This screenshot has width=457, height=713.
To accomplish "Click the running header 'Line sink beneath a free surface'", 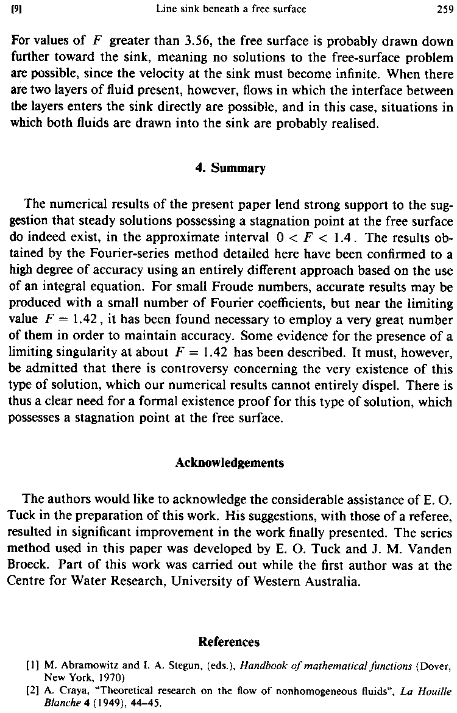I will coord(231,9).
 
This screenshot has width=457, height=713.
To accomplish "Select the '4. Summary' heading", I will coord(230,168).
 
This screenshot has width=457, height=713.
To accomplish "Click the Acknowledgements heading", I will coord(230,463).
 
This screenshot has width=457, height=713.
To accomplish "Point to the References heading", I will coord(229,642).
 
